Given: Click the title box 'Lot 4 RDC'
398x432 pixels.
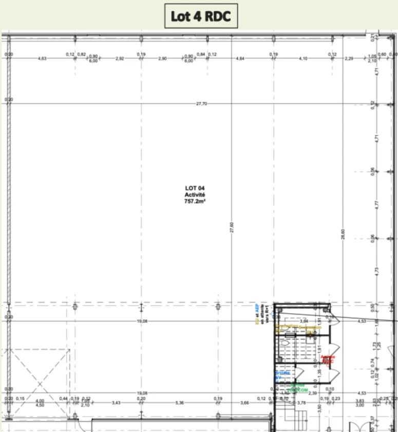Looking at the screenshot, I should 201,16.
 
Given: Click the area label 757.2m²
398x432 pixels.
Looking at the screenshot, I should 195,202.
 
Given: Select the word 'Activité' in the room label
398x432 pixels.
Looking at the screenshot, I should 195,195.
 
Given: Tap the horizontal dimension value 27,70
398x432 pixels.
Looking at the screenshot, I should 201,104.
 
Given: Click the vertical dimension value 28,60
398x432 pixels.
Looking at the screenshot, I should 344,233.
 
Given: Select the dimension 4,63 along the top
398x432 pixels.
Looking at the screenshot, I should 42,58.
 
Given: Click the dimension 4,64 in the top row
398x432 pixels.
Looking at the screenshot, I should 240,58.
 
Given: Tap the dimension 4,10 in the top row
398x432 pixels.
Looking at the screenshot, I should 303,58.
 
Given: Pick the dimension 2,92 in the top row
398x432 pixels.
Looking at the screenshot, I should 120,58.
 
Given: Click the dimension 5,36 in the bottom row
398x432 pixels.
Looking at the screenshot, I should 179,402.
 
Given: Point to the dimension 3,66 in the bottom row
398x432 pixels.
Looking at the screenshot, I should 244,402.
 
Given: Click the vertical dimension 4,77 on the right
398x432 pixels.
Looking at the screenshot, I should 376,204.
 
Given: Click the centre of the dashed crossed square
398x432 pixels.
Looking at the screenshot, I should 39,383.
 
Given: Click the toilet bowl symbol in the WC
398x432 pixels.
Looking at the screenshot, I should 310,335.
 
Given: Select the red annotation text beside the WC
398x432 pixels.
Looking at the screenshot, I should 328,359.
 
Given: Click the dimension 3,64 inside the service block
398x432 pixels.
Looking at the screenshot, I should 304,321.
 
